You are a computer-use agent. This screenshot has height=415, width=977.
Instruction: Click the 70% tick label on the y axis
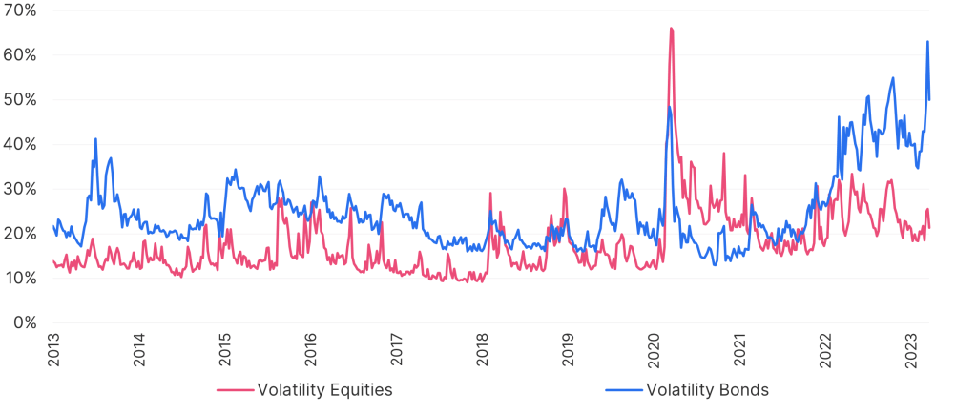[x=20, y=10]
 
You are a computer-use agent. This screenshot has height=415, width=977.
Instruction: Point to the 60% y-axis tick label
[x=20, y=55]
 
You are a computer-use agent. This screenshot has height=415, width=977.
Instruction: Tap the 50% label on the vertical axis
[x=20, y=99]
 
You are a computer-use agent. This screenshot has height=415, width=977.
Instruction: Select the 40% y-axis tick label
[x=20, y=144]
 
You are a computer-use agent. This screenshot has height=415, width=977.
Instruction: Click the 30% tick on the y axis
[x=20, y=189]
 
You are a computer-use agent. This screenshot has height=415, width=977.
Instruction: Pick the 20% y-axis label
[x=20, y=233]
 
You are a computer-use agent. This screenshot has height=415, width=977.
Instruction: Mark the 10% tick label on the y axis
[x=20, y=278]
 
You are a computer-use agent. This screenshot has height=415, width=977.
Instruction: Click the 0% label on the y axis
[x=25, y=322]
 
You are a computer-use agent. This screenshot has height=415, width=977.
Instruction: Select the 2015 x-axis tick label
[x=224, y=349]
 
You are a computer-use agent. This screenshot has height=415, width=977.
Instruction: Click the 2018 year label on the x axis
[x=481, y=349]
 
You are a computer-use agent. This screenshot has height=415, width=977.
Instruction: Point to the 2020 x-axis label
[x=653, y=349]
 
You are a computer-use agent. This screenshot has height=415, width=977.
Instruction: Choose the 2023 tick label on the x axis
[x=909, y=349]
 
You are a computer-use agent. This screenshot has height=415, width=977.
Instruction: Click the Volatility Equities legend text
[x=323, y=389]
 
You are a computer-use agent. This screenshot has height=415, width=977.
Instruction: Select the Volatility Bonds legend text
[x=707, y=389]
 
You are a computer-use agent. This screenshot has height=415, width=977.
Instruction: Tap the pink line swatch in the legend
[x=236, y=389]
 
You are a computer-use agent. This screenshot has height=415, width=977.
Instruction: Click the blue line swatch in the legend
[x=623, y=389]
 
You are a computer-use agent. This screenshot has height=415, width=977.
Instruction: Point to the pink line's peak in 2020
[x=672, y=29]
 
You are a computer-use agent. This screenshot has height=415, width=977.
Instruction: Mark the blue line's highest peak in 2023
[x=927, y=41]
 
